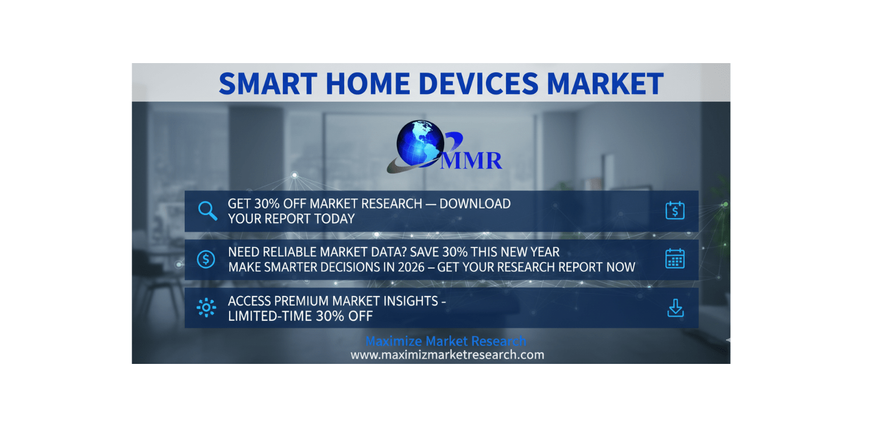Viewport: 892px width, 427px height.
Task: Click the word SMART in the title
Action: [268, 84]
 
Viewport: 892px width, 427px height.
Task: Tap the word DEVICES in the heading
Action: [478, 84]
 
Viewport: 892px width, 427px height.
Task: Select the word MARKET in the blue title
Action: [605, 84]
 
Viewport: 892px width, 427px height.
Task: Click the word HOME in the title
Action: [368, 84]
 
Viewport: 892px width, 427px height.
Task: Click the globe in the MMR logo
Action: [420, 143]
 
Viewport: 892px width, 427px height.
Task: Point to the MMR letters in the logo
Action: [471, 161]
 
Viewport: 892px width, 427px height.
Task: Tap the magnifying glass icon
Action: [207, 210]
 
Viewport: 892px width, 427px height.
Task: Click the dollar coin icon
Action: [206, 260]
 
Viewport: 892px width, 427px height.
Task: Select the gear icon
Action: [206, 308]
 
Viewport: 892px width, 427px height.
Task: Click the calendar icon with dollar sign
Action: [675, 210]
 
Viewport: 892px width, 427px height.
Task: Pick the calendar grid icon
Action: [675, 259]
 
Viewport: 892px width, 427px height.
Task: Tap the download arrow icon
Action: [676, 308]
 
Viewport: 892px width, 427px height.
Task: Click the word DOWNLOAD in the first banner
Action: [475, 204]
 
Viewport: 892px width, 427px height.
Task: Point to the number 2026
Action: [410, 267]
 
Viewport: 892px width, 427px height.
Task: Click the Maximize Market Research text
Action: [446, 341]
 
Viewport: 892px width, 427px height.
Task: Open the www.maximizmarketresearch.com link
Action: [447, 355]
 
